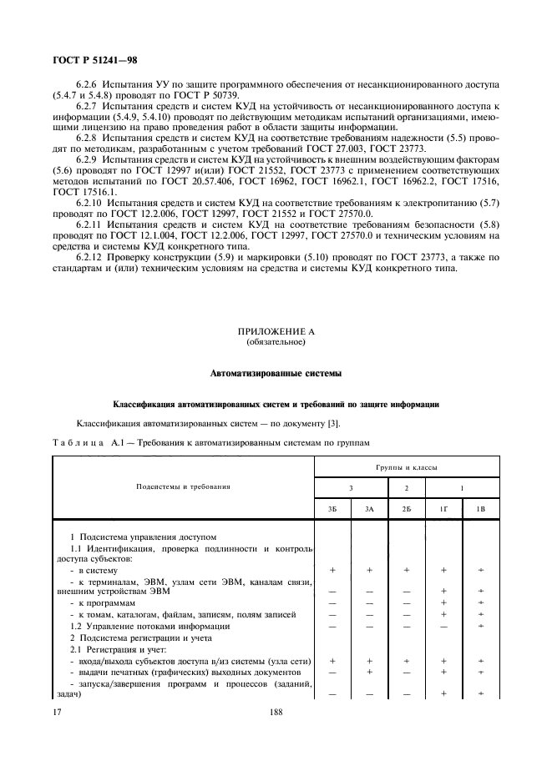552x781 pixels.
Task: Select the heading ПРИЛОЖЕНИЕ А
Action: pos(275,331)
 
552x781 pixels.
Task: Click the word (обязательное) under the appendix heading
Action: pos(275,342)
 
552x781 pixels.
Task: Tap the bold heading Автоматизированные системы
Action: pos(275,372)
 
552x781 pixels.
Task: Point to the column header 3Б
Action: pos(332,508)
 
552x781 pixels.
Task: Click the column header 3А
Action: pos(369,508)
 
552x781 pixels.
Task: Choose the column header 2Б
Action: pos(406,508)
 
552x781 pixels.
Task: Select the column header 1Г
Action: pos(443,508)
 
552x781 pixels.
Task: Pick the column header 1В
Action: pos(480,508)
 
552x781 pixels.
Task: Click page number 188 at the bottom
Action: pos(276,712)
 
